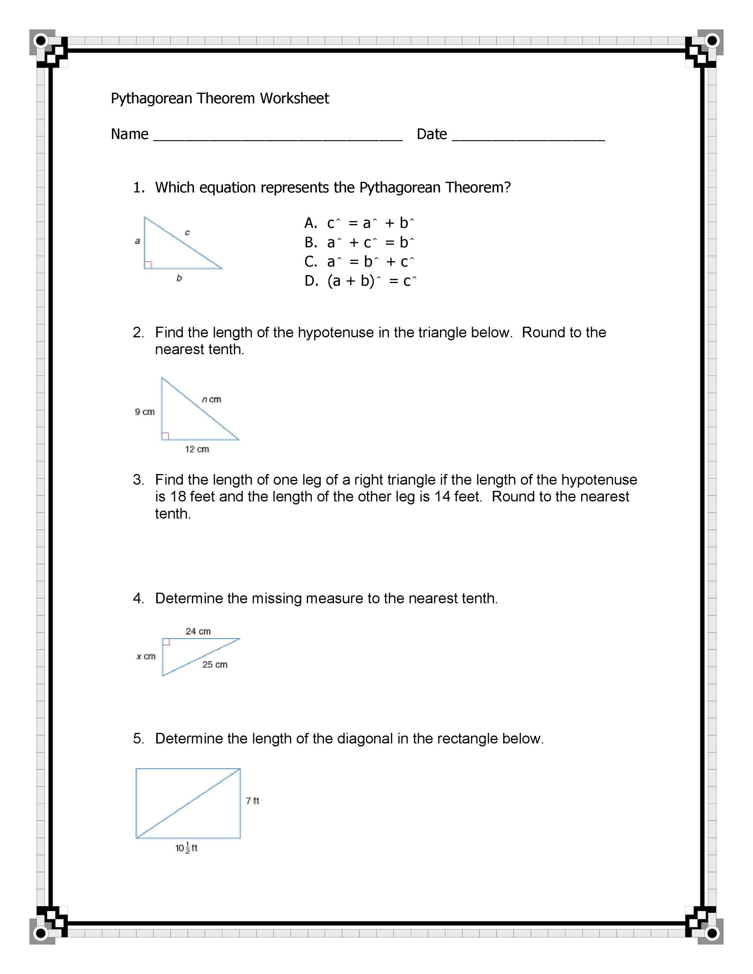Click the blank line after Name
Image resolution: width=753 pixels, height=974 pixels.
(278, 138)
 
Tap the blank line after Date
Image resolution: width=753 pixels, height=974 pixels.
(528, 138)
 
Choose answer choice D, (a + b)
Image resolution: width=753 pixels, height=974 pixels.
(351, 281)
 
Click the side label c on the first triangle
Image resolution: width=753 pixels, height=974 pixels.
(187, 232)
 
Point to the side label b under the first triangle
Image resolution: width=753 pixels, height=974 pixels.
(179, 278)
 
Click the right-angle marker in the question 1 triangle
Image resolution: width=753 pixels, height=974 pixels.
(148, 265)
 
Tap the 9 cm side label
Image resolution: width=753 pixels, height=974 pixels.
(145, 412)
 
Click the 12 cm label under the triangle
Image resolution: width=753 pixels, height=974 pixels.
(197, 449)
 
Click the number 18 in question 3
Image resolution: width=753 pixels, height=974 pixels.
(178, 496)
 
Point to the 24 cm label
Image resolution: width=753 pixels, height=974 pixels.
(198, 631)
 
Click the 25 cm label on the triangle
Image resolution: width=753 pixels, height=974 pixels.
(215, 665)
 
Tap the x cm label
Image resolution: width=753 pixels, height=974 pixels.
(146, 656)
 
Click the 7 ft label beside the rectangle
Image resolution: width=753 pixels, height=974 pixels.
(252, 801)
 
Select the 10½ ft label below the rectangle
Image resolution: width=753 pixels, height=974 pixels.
(186, 848)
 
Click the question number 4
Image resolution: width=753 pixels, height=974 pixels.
(138, 598)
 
